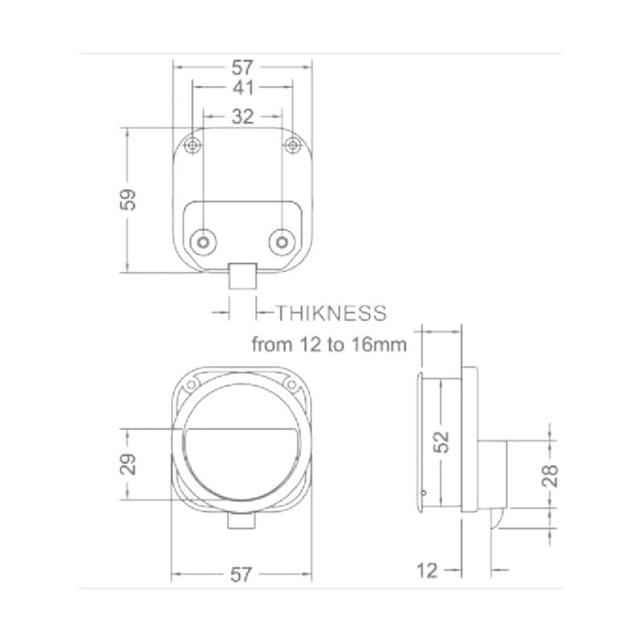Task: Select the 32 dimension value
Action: point(242,116)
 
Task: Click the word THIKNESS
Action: point(331,313)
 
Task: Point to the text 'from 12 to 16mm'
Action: point(329,345)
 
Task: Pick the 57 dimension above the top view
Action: point(242,67)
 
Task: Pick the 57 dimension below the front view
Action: point(242,575)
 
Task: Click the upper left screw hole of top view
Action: point(192,145)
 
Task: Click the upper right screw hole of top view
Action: point(293,145)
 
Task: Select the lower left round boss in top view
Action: point(204,241)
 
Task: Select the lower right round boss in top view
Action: point(280,241)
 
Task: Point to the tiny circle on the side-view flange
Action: point(425,493)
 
